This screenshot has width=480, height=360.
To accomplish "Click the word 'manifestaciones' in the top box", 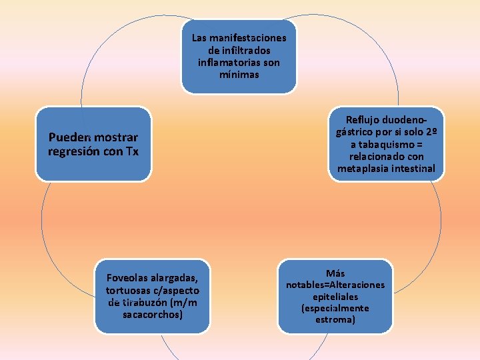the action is pos(247,38).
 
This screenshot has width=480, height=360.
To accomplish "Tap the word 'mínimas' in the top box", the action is pos(239,75).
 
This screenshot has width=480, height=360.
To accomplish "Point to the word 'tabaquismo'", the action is pos(386,144).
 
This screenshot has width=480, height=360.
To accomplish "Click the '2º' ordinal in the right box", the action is pos(431,131).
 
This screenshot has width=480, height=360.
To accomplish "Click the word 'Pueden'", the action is pos(67,137).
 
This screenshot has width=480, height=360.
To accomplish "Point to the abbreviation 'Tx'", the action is pos(132,151).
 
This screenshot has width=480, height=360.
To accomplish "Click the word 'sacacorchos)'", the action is pos(153,315).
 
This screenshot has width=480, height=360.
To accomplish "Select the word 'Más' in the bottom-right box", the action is pos(335,273).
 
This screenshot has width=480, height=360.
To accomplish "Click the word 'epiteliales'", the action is pos(335,297).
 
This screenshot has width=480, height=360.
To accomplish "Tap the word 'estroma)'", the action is pos(335,320).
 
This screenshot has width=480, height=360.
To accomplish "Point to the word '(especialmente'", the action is pos(335,308).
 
